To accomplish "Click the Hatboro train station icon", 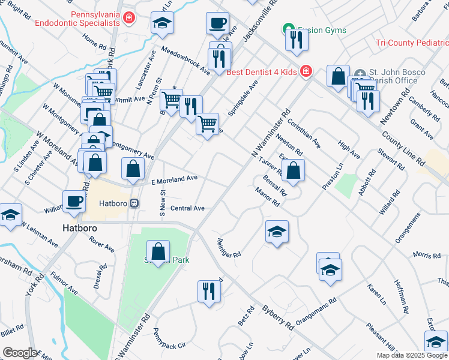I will [135, 203].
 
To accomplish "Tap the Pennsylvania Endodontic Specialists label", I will [77, 18].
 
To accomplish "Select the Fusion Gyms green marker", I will [288, 29].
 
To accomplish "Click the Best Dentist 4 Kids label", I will [262, 72].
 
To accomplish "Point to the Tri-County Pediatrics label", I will [412, 43].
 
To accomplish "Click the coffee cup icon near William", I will [74, 201].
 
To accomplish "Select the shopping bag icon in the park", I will [158, 251].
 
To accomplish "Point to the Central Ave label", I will [187, 208].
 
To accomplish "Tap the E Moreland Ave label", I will [174, 179].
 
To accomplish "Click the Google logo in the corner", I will [20, 353].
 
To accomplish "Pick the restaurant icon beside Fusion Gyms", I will [297, 39].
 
